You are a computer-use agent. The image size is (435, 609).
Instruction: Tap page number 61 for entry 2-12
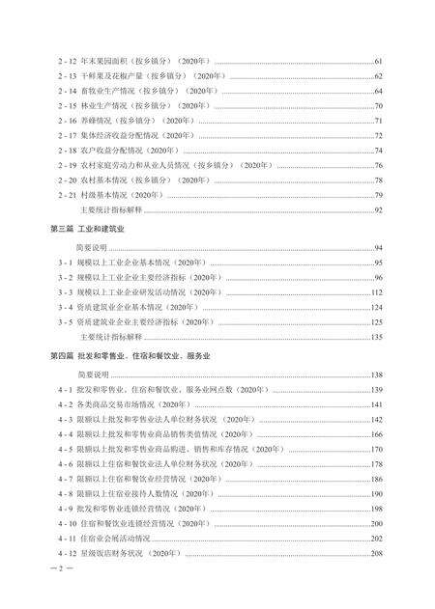(380, 61)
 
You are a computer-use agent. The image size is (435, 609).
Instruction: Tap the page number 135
(378, 337)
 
